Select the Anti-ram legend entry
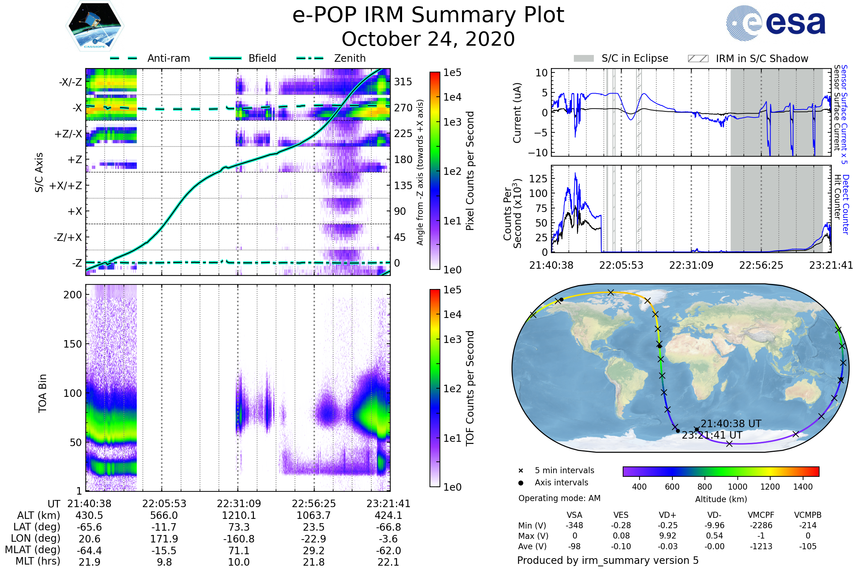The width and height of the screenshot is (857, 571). (x=168, y=58)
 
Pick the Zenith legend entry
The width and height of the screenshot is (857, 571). (x=350, y=58)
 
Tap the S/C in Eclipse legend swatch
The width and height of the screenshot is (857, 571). (x=584, y=59)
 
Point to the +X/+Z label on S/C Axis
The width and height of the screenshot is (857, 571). (x=66, y=186)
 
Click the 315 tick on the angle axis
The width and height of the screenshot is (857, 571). (x=403, y=82)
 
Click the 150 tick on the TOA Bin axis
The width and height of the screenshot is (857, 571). (x=72, y=344)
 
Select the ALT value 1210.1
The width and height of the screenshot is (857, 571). (x=239, y=516)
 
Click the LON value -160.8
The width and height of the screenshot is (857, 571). (x=239, y=539)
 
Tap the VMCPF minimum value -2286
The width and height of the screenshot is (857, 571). (x=761, y=525)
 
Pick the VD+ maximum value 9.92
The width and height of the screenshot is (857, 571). (x=667, y=536)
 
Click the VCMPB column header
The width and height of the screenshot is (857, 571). (x=808, y=515)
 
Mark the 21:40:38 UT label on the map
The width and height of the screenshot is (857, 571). (x=731, y=424)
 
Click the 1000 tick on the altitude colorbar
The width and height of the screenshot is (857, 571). (x=737, y=487)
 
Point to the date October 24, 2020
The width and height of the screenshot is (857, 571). (x=428, y=39)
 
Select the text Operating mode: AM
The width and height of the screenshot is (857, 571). (x=559, y=498)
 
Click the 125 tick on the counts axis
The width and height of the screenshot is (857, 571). (x=538, y=179)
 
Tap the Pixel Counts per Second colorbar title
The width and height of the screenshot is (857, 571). (x=470, y=171)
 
